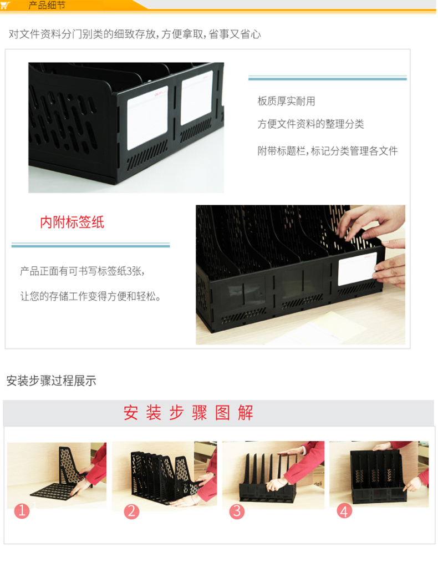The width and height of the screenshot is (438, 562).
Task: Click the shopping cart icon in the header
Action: coord(6,6)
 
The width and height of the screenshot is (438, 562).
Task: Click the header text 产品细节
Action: coord(47,6)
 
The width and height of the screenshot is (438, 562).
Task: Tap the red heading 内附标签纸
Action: coord(72,222)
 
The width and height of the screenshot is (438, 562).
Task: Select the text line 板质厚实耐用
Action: coord(286,101)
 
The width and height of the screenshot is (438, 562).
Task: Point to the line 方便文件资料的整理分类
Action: coord(310,124)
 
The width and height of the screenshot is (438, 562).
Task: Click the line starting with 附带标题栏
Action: coord(327,151)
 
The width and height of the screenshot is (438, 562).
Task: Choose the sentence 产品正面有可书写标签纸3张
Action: coord(83,271)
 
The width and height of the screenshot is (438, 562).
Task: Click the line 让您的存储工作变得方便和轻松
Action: coord(90,296)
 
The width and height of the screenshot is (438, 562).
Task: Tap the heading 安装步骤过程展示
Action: coord(51,381)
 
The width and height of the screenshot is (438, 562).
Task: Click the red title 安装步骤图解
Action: coord(189,413)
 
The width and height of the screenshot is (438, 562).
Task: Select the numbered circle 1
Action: coord(22,510)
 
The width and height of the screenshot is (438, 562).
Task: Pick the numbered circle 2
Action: coord(131,511)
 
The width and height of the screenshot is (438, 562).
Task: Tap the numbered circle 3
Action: coord(237,511)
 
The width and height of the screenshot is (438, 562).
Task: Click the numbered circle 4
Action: coord(344,511)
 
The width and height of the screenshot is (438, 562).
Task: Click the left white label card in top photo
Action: coord(147,118)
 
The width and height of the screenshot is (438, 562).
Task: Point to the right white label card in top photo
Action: coord(197,98)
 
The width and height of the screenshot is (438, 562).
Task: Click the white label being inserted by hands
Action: coord(356,269)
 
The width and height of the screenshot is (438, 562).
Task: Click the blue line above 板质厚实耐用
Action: coord(327,78)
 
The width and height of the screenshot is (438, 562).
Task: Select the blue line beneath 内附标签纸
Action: coord(90,245)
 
